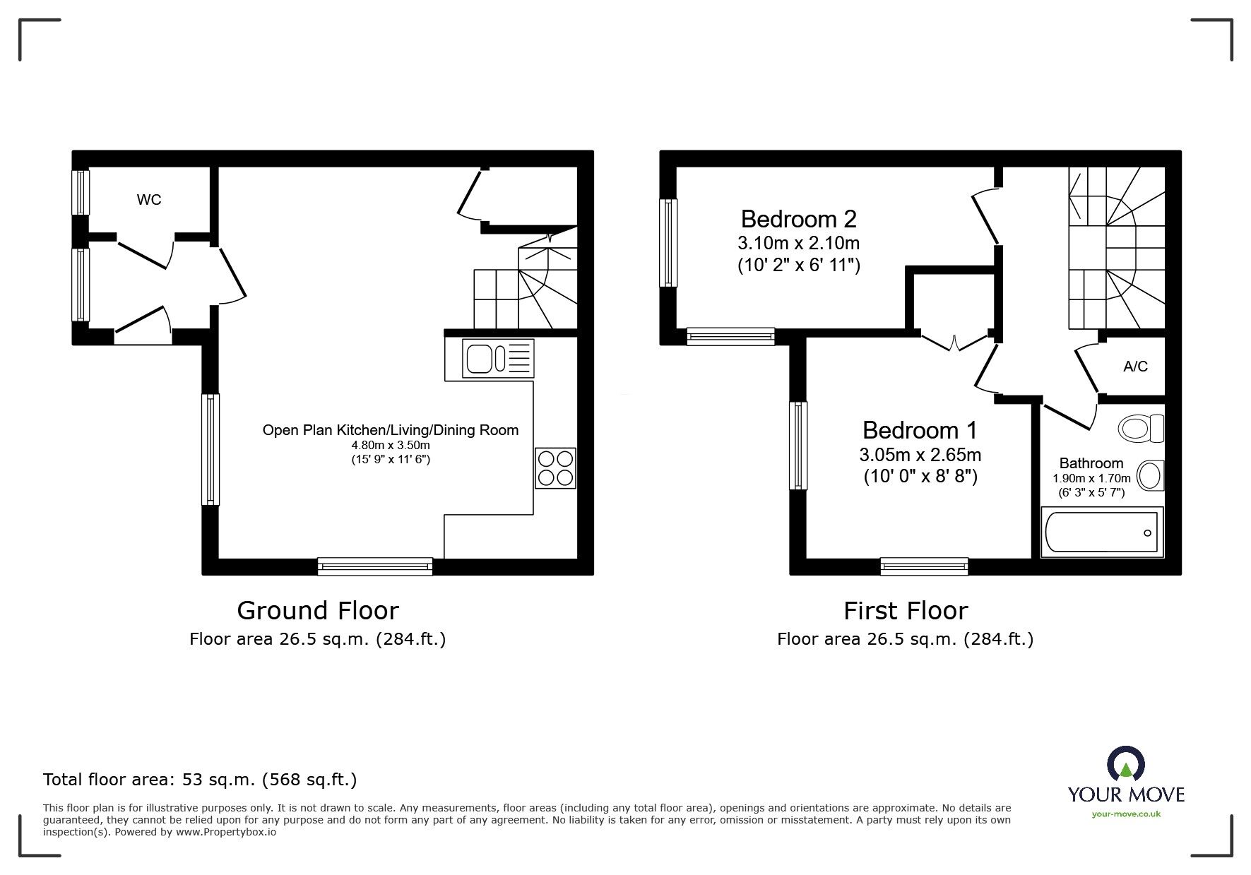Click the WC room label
[148, 200]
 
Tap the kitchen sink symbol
[498, 358]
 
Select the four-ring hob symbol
[555, 468]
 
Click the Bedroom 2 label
[798, 219]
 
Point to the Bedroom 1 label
[920, 430]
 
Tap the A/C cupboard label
[1135, 366]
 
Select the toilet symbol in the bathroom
[1140, 428]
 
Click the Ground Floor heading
[317, 610]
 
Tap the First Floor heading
[905, 610]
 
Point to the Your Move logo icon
[1125, 768]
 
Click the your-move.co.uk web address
[1126, 814]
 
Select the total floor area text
[200, 780]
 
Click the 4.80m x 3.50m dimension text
[391, 446]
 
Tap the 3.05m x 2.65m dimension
[920, 455]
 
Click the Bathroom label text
[1091, 463]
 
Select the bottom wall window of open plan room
[374, 565]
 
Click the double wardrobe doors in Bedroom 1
[954, 343]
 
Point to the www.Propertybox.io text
[226, 832]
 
